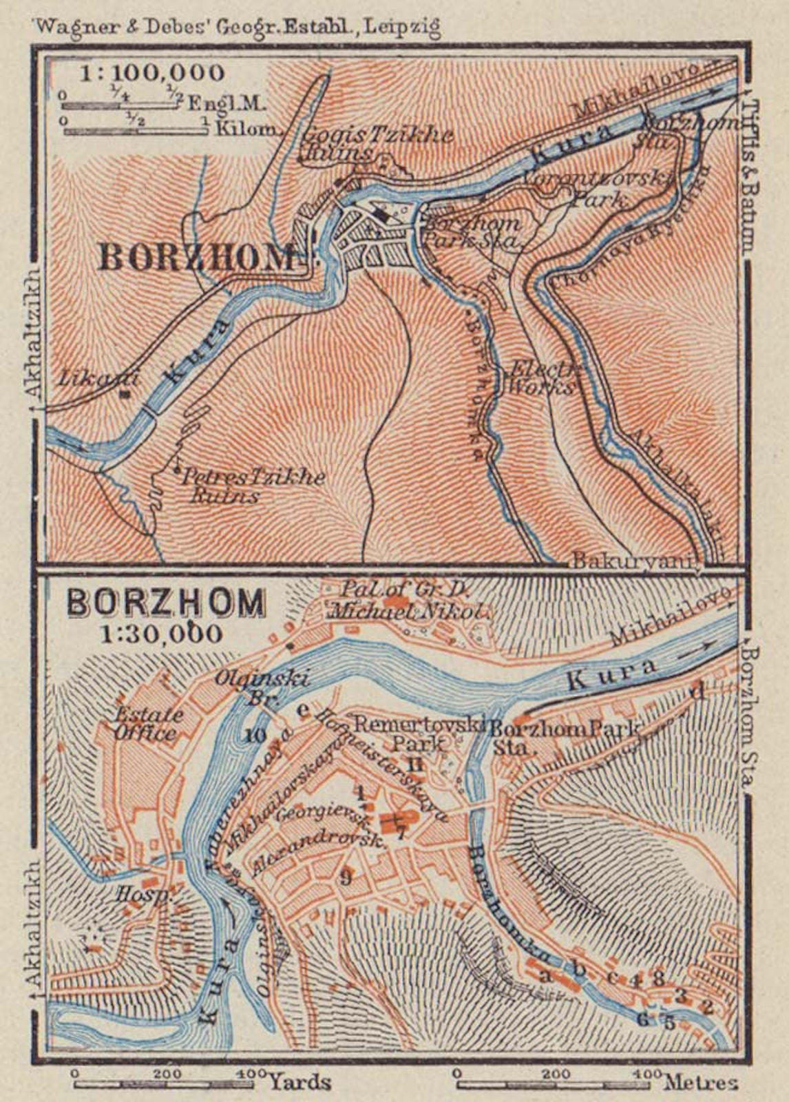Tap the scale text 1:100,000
[151, 72]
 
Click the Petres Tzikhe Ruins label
[251, 486]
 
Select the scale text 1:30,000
[161, 632]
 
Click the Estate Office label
[149, 723]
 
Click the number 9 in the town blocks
[346, 877]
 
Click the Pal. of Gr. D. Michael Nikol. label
[410, 601]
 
